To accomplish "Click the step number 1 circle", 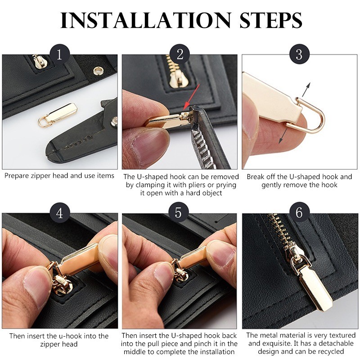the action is tap(59, 54).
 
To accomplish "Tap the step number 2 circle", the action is tap(180, 54).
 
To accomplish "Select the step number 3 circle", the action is tap(299, 54).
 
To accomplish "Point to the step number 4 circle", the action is tap(59, 213).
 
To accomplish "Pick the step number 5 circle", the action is tap(178, 212).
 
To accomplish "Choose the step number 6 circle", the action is tap(299, 212).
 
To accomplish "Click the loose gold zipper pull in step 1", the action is tap(57, 115).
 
